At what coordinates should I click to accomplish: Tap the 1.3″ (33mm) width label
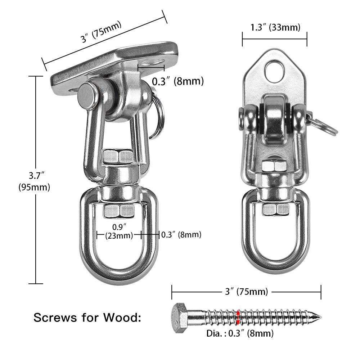274,27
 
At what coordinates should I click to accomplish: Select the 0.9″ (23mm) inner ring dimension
118,231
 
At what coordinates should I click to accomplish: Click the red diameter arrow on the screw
238,316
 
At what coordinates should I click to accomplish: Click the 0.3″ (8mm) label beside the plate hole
177,81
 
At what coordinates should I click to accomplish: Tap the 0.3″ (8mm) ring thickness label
181,235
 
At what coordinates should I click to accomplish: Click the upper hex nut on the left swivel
118,156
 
